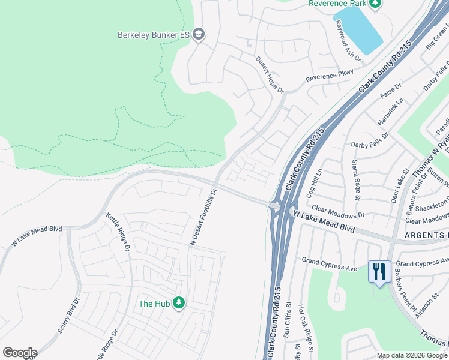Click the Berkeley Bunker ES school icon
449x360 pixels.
click(199, 35)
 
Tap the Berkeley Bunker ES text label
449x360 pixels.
click(154, 35)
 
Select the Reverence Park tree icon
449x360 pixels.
click(375, 4)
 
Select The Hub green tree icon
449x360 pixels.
click(178, 303)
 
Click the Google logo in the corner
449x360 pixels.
click(20, 353)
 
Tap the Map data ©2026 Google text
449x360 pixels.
click(412, 355)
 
